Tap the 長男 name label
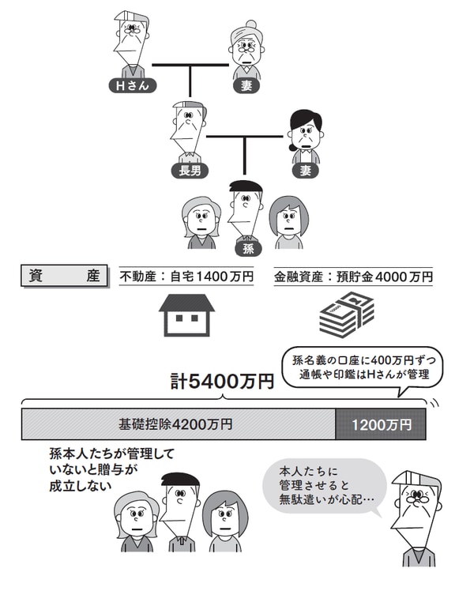tap(188, 169)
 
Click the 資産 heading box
tap(64, 277)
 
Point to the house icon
tap(187, 316)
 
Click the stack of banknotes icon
tap(346, 318)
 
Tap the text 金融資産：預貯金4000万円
tap(353, 277)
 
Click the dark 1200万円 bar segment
tap(382, 424)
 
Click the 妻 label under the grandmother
tap(247, 85)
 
